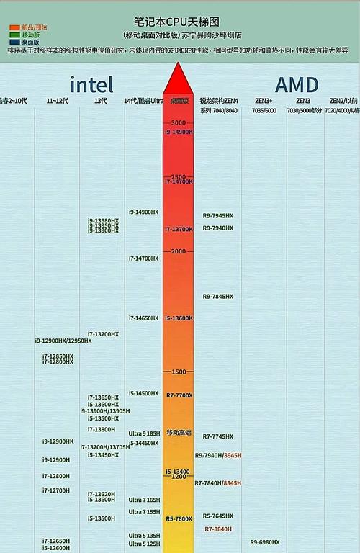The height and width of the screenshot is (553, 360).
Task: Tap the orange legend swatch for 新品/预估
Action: [x=14, y=27]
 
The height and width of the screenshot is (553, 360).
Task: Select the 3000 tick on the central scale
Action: [x=179, y=123]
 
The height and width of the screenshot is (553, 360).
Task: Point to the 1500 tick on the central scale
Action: [x=179, y=372]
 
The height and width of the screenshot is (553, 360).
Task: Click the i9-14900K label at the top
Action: [x=179, y=132]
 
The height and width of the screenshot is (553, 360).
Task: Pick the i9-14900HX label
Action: [x=143, y=212]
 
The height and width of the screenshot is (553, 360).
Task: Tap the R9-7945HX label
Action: [x=217, y=215]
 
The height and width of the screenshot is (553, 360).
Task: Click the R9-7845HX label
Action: [x=217, y=296]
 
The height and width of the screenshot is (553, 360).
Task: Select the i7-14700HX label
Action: [x=143, y=258]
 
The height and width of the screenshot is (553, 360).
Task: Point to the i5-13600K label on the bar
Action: [x=179, y=318]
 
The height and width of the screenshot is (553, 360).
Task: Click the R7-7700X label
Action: [x=179, y=395]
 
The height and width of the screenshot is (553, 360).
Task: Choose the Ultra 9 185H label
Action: [x=144, y=433]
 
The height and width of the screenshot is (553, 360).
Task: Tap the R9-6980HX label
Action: [x=265, y=541]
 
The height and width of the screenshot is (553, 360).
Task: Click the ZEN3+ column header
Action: [x=264, y=101]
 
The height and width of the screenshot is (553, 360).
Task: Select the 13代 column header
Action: [x=101, y=101]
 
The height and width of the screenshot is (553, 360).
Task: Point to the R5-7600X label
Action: [x=179, y=518]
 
